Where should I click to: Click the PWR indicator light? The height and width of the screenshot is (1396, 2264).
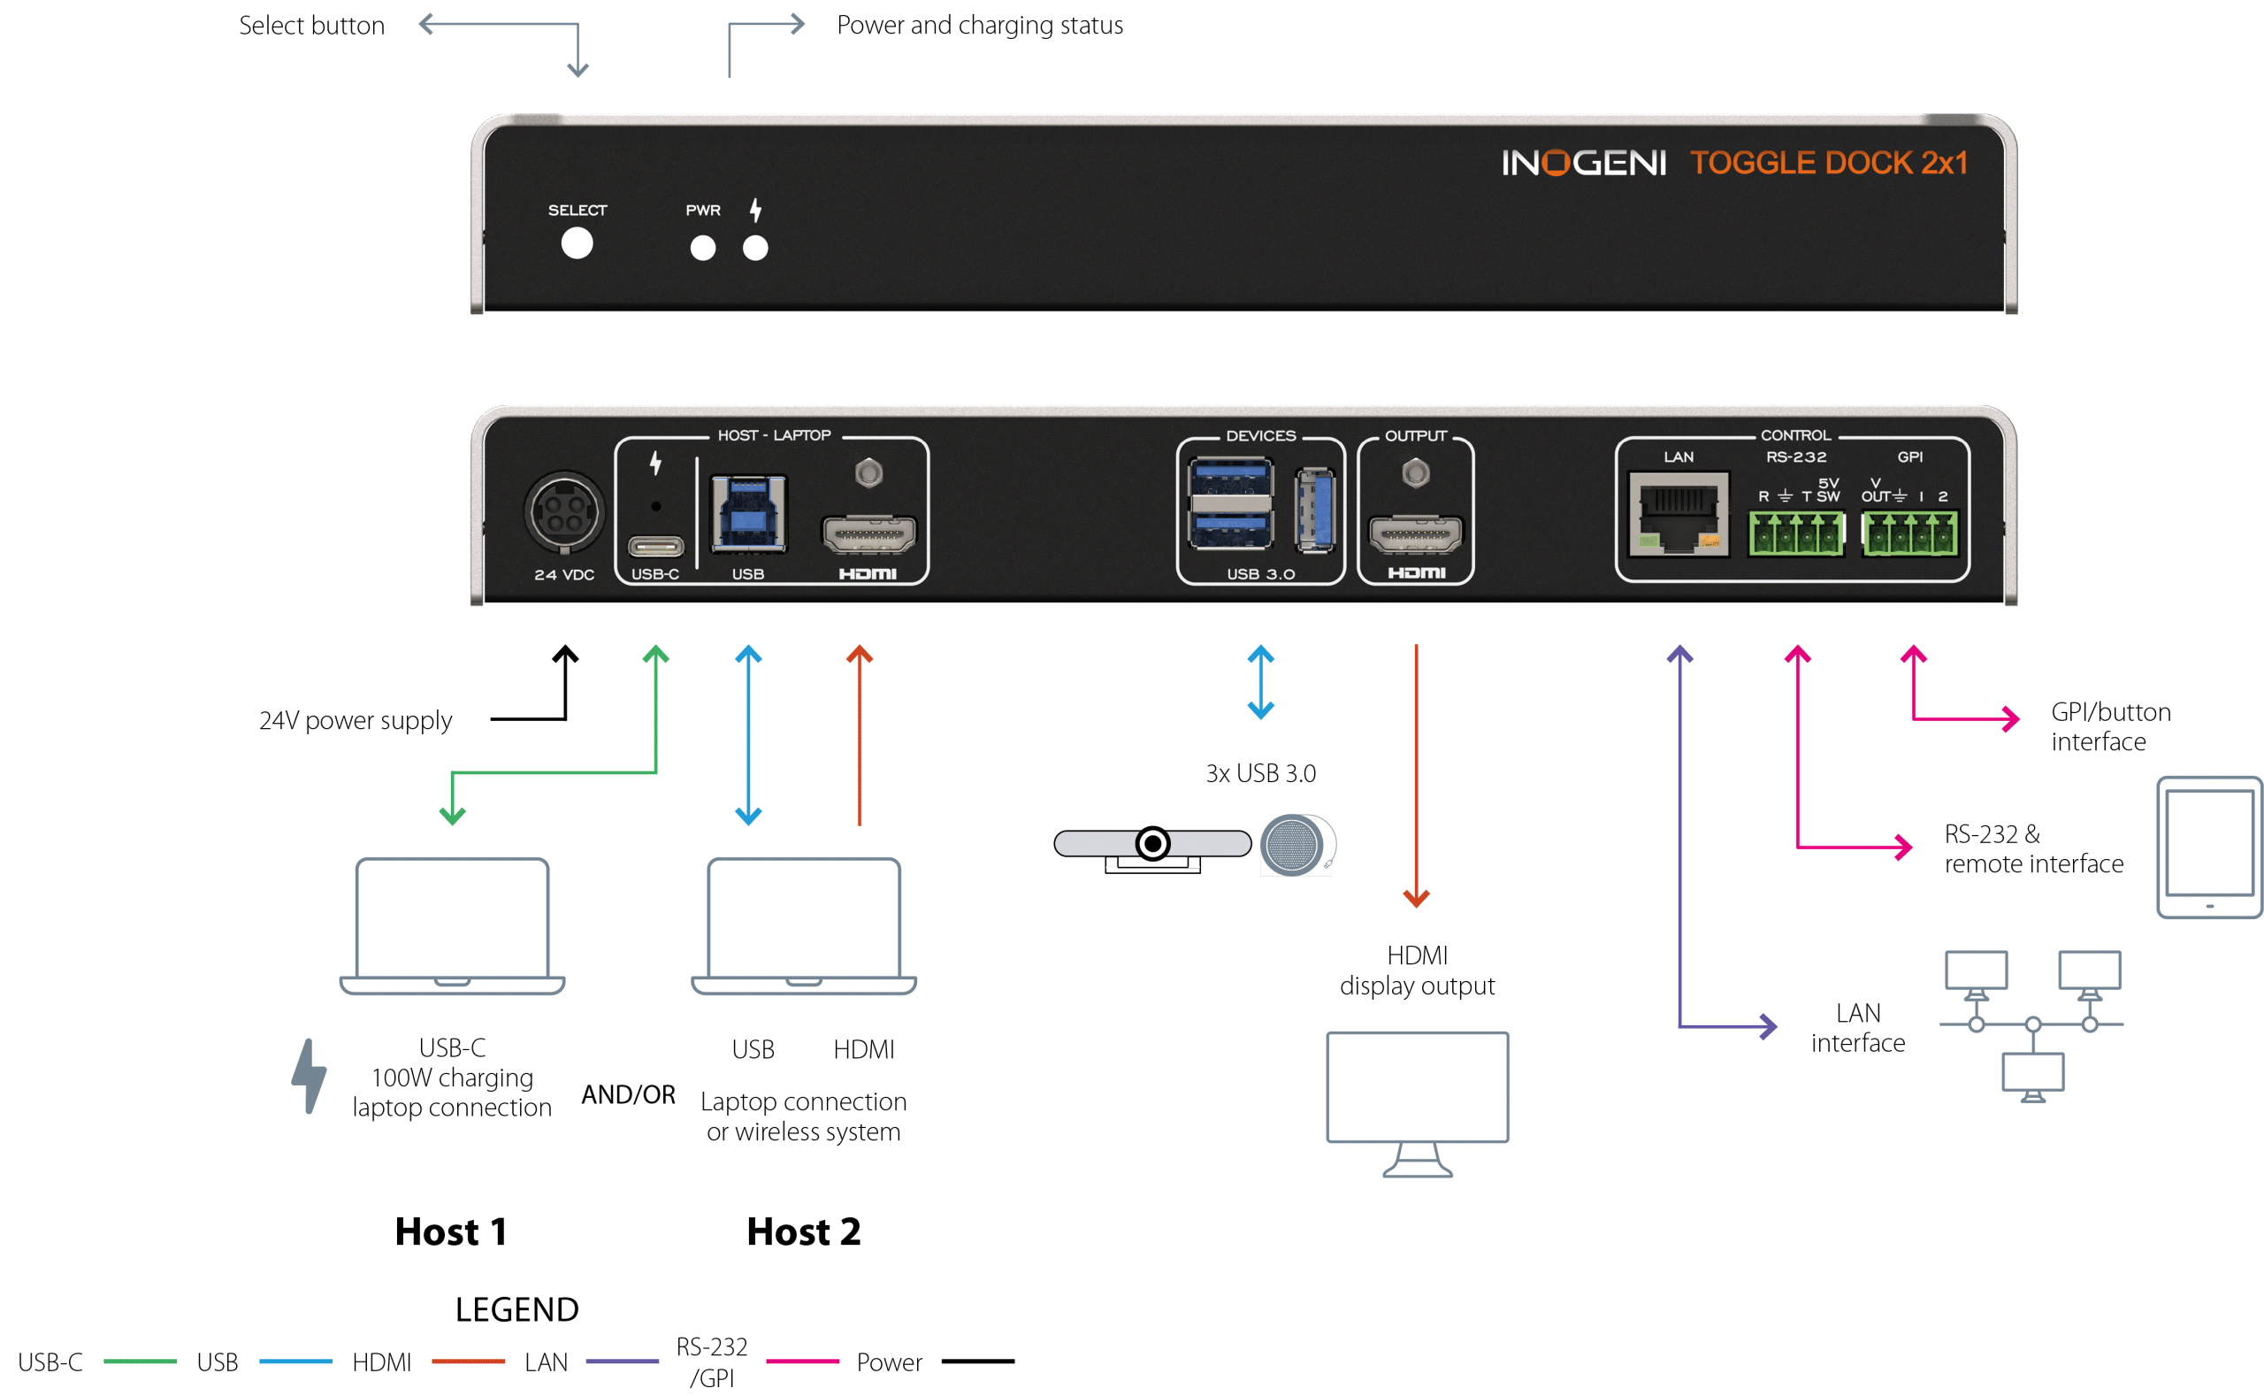tap(702, 248)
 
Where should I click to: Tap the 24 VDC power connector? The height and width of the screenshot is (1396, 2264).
tap(564, 512)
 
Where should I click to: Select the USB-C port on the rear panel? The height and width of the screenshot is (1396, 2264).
tap(655, 547)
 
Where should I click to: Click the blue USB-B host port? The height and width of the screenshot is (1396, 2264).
tap(747, 513)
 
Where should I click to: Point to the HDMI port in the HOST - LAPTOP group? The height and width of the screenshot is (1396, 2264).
tap(868, 534)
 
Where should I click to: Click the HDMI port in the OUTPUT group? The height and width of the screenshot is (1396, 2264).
tap(1416, 534)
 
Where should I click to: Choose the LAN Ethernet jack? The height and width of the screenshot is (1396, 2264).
tap(1678, 513)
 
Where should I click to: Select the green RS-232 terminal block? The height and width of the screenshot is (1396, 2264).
tap(1796, 534)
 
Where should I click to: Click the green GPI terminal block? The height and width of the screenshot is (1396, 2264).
tap(1909, 534)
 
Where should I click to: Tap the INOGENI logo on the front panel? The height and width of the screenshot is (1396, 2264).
tap(1583, 164)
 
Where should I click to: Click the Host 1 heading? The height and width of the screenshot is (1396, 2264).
tap(450, 1231)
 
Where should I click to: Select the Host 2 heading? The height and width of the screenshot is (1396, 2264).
tap(803, 1231)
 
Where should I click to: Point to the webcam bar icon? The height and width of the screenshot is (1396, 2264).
tap(1152, 848)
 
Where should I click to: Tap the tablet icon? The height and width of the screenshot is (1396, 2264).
tap(2208, 848)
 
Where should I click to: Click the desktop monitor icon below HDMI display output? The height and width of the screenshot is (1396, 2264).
tap(1417, 1103)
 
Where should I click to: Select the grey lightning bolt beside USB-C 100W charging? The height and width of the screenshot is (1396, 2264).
tap(309, 1076)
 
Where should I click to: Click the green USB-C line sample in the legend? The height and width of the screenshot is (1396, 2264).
tap(140, 1361)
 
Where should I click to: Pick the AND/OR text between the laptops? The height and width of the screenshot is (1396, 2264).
tap(628, 1094)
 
